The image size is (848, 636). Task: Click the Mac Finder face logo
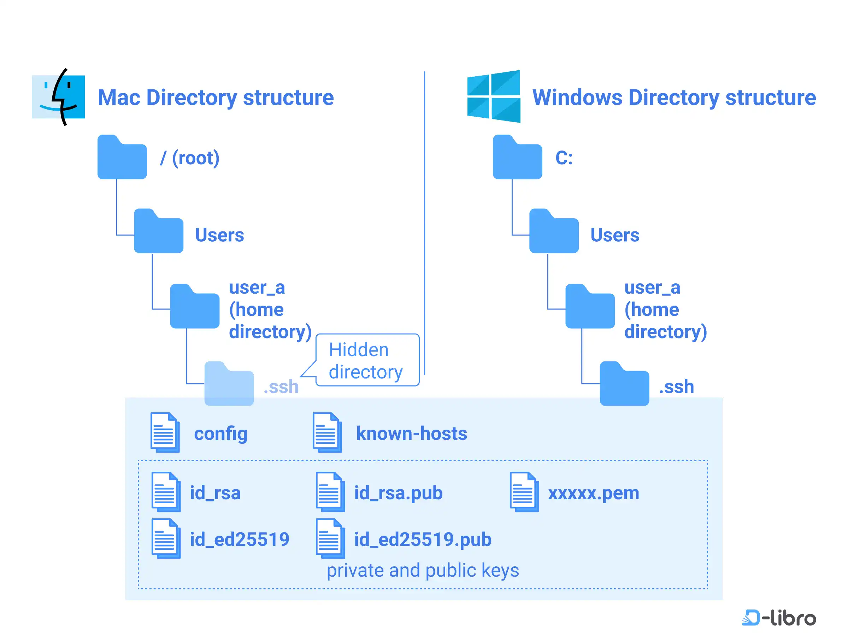coord(58,97)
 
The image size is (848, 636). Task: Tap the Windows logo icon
coord(493,96)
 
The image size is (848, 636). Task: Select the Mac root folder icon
coord(122,157)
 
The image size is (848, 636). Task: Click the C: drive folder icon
coord(517,157)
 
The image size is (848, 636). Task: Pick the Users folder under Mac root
coord(158,231)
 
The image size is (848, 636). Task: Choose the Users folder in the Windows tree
coord(554,231)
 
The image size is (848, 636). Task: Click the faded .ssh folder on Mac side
coord(229,384)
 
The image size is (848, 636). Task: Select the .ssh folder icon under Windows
coord(624,384)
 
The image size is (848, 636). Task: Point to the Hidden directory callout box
coord(367,360)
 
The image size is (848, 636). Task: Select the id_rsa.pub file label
coord(398,493)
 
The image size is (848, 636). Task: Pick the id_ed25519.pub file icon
coord(330,538)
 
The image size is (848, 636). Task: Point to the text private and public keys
coord(423,570)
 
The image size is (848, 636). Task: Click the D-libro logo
coord(779,618)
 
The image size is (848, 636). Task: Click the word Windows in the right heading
coord(577,98)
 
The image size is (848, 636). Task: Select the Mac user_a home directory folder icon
coord(194,306)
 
